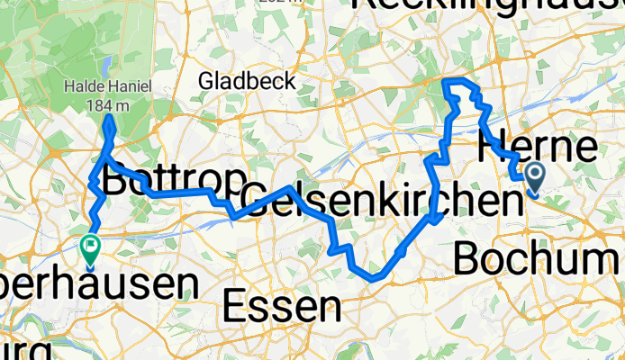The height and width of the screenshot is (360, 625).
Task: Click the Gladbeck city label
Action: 248,81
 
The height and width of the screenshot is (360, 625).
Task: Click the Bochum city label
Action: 538,259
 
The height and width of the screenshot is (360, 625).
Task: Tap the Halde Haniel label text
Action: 106,87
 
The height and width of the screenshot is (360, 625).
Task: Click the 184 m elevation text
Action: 106,104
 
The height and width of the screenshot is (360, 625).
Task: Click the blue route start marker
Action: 534,175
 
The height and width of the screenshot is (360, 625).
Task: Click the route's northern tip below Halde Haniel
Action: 108,118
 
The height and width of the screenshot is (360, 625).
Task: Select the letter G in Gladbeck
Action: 207,81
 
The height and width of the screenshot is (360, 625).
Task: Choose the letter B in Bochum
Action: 466,259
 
